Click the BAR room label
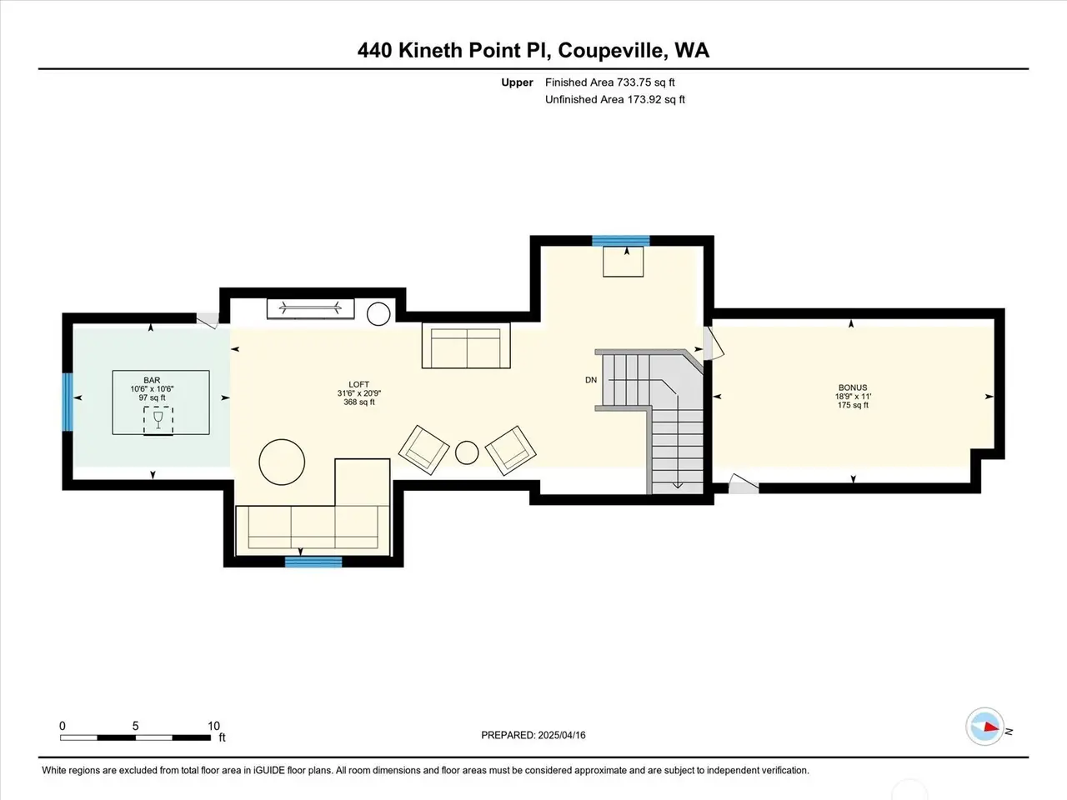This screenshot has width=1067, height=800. point(152,380)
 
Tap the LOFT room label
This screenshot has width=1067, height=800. point(358,384)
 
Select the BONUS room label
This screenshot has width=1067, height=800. point(853,387)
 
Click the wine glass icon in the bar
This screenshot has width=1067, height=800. point(158,420)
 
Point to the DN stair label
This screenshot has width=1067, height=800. point(591,380)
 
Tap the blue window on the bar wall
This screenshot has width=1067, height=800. point(68,402)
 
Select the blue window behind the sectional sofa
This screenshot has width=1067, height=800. point(313,562)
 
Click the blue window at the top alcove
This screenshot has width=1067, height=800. point(621,241)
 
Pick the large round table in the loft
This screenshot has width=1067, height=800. point(282,462)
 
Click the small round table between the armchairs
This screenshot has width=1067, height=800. point(467,452)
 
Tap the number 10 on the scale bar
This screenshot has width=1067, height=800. point(214,726)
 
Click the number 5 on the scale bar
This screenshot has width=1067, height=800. point(136,726)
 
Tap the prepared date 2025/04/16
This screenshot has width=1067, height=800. point(562,735)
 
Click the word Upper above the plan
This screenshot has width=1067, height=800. point(517,82)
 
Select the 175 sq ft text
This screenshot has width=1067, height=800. point(853,405)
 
